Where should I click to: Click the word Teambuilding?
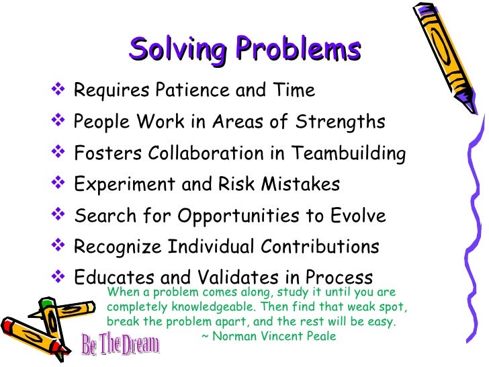click(x=349, y=154)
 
